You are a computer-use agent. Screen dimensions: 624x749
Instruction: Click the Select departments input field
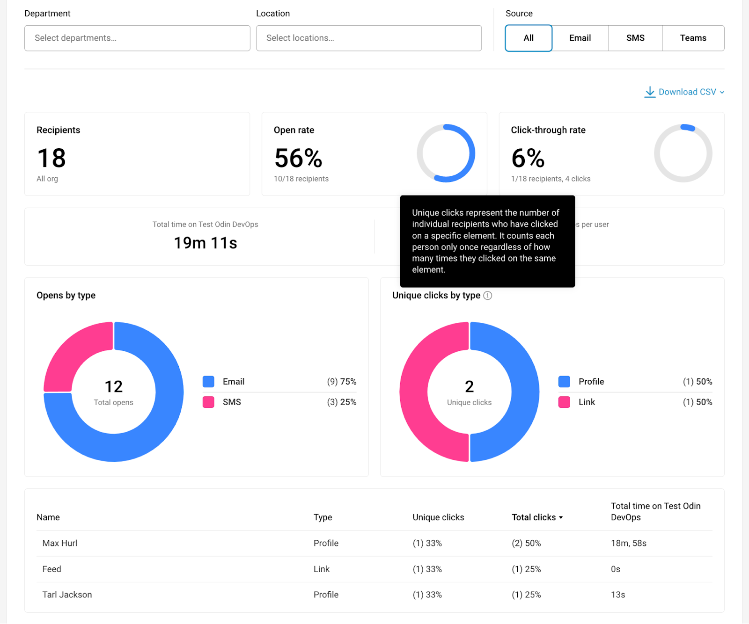pyautogui.click(x=137, y=38)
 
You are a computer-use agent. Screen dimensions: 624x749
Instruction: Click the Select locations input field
pyautogui.click(x=369, y=38)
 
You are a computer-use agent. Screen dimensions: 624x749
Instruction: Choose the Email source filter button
pyautogui.click(x=580, y=38)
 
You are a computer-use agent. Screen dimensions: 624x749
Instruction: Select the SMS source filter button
pyautogui.click(x=635, y=38)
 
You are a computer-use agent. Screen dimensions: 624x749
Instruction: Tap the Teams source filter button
pyautogui.click(x=693, y=38)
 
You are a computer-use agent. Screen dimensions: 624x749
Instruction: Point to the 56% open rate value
pyautogui.click(x=298, y=158)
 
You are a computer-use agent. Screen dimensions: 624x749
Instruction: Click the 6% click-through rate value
pyautogui.click(x=528, y=158)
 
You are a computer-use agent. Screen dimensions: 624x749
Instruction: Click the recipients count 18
pyautogui.click(x=51, y=158)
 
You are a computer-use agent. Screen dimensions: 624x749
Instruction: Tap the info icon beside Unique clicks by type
pyautogui.click(x=488, y=296)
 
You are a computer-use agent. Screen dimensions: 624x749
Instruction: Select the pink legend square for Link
pyautogui.click(x=564, y=402)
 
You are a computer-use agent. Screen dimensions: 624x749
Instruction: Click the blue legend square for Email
pyautogui.click(x=208, y=382)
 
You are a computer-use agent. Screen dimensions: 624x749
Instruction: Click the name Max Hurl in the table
pyautogui.click(x=60, y=543)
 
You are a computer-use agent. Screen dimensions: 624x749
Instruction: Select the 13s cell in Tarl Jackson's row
pyautogui.click(x=618, y=595)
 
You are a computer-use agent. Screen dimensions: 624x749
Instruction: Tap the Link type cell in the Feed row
pyautogui.click(x=322, y=569)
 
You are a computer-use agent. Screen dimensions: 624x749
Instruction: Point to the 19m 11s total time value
pyautogui.click(x=206, y=243)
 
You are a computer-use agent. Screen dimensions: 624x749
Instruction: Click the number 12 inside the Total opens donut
pyautogui.click(x=113, y=387)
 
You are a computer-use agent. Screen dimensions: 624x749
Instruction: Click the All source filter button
pyautogui.click(x=529, y=38)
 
